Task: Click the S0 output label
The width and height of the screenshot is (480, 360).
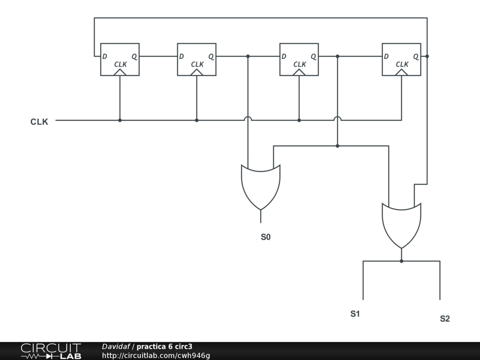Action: coord(265,237)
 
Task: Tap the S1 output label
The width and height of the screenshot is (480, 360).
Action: coord(355,314)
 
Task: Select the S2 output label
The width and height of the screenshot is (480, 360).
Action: coord(444,319)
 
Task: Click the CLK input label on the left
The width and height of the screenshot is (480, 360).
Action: coord(39,122)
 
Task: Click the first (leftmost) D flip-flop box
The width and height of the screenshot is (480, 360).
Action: coord(120,59)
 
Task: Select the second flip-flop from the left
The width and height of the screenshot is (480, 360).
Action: coord(196,59)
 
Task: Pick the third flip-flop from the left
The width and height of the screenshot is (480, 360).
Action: coord(299,59)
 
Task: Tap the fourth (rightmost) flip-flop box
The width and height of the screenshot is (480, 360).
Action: coord(401,59)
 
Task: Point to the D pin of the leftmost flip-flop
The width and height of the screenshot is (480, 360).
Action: coord(105,56)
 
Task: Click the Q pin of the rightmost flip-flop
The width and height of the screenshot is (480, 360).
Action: coord(415,56)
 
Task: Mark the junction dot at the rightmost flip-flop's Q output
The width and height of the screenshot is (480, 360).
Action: coord(427,56)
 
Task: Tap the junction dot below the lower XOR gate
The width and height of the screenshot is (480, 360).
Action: coord(401,261)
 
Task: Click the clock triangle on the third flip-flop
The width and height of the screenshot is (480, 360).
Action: coord(299,72)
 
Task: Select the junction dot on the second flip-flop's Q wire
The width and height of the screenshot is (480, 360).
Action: coord(248,56)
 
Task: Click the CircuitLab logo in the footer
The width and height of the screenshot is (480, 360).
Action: coord(51,351)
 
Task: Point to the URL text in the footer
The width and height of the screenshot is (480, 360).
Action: coord(156,356)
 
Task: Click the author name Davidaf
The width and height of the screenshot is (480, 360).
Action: coord(116,347)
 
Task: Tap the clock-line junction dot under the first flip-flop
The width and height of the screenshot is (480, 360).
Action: coord(120,120)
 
